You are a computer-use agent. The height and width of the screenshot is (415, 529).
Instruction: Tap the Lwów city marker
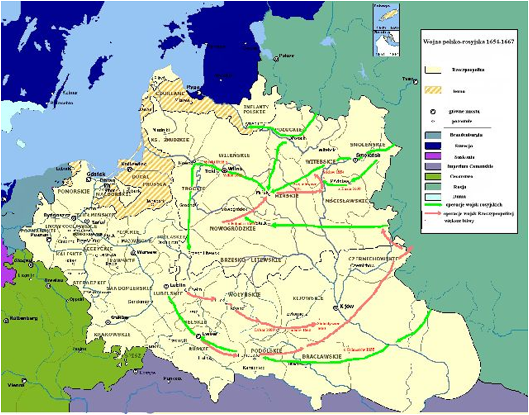199,336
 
